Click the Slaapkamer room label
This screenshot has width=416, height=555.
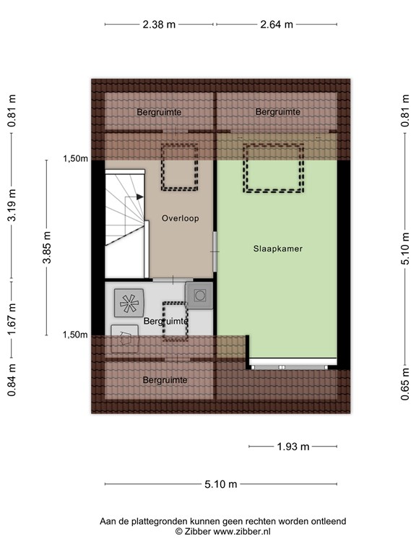click(x=277, y=249)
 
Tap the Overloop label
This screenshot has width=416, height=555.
click(x=180, y=218)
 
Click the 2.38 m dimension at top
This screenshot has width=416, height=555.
click(x=159, y=24)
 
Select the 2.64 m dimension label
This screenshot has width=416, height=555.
click(x=277, y=24)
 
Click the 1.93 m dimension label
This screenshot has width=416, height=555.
click(x=293, y=447)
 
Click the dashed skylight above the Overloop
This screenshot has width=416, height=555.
click(x=179, y=168)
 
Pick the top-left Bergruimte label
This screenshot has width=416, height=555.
click(x=159, y=112)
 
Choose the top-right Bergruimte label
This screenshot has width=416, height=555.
click(x=277, y=112)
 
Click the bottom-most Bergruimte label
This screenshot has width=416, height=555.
click(x=165, y=380)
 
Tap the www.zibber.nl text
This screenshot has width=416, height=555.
click(x=242, y=531)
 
